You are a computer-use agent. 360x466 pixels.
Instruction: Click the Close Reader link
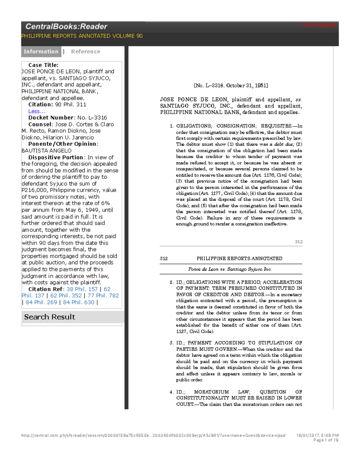point(319,25)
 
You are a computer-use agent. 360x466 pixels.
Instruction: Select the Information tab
point(41,52)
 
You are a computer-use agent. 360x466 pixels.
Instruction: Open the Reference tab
point(85,52)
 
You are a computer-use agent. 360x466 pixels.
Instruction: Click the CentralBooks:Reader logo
point(66,27)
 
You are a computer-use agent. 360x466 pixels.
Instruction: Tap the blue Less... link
point(37,111)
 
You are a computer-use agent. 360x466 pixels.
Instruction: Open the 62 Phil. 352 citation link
point(66,296)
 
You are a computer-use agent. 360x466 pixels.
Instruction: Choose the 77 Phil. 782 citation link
point(103,296)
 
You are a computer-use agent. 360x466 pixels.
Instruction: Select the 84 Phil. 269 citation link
point(41,302)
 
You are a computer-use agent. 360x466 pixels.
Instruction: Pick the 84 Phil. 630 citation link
point(79,302)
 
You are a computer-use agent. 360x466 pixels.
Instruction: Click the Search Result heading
point(49,317)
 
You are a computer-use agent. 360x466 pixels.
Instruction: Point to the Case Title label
point(43,65)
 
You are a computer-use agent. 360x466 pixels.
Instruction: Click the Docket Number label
point(51,118)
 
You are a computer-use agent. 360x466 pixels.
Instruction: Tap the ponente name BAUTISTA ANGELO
point(46,151)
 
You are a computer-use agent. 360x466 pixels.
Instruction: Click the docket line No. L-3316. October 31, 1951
point(231,86)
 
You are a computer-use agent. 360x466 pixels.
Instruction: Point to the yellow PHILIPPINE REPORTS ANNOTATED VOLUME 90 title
point(82,36)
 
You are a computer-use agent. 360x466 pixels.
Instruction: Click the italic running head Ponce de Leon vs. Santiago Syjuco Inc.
point(230,269)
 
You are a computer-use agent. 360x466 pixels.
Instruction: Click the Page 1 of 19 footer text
point(326,440)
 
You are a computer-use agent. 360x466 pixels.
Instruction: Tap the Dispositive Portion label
point(56,157)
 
